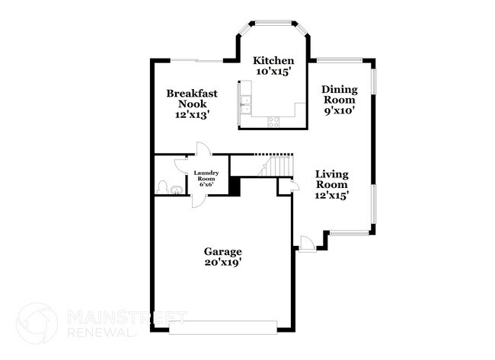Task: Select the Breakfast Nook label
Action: click(193, 98)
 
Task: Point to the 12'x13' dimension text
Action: click(192, 115)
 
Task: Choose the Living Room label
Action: click(332, 179)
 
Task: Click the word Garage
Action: click(222, 251)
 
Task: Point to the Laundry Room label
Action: click(207, 177)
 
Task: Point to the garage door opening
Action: click(222, 329)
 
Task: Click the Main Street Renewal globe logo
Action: click(37, 323)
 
